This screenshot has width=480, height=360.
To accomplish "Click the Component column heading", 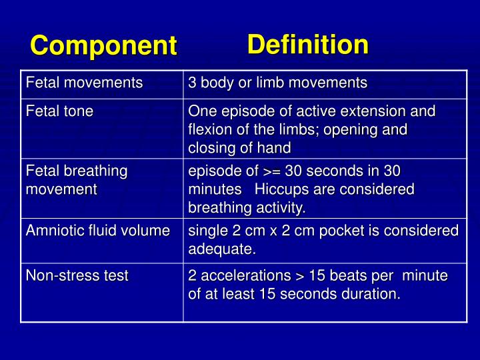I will click(x=103, y=46).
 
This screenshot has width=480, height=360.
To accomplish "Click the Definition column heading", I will click(x=307, y=45).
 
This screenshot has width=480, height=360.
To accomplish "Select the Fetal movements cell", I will click(x=84, y=83).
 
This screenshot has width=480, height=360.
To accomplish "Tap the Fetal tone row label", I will click(x=59, y=111).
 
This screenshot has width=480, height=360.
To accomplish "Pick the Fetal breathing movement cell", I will click(x=76, y=180).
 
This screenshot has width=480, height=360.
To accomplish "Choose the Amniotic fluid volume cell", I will click(x=97, y=231).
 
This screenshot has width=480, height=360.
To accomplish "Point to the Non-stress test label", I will click(x=77, y=275).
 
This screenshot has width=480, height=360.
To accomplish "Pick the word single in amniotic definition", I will click(x=208, y=231).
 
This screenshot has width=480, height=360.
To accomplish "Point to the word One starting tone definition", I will click(x=201, y=111).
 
